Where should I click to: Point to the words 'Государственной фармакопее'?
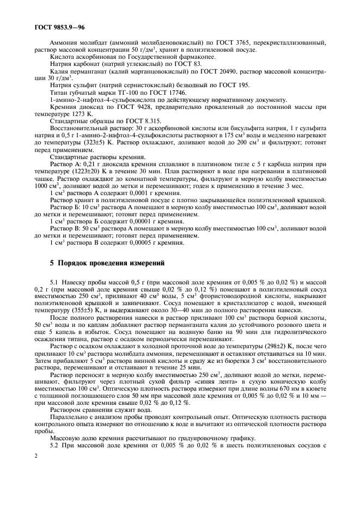tap(177, 57)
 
